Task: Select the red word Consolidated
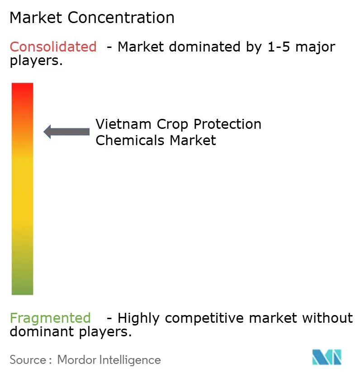[53, 47]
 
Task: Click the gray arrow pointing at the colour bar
[66, 132]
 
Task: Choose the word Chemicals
[131, 140]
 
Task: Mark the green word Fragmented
[50, 318]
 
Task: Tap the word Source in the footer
[28, 360]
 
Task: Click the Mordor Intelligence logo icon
[327, 358]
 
